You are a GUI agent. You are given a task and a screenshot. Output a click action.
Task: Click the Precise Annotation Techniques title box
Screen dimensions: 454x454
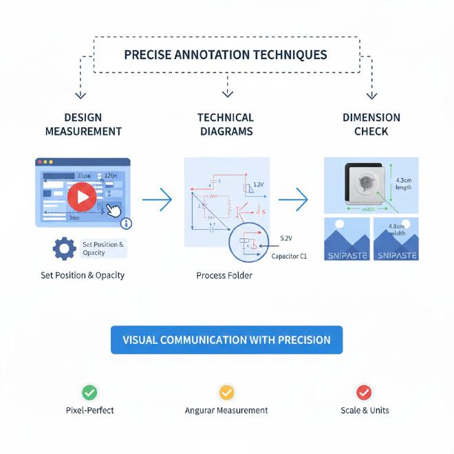(226, 54)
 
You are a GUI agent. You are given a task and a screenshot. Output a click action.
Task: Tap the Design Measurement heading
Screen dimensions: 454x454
(83, 125)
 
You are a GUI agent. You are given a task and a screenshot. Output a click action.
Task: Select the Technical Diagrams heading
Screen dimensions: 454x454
(226, 125)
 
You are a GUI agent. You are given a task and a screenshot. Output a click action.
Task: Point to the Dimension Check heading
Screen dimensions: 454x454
(371, 125)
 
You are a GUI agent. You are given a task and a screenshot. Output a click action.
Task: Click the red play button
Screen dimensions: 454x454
(82, 198)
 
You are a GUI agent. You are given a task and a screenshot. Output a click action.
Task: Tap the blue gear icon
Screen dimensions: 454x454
(65, 248)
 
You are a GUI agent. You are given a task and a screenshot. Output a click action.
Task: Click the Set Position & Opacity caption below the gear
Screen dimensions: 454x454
(83, 275)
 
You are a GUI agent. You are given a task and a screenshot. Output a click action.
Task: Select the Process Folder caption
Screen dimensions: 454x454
(224, 275)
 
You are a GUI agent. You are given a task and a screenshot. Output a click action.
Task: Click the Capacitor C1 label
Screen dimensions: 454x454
(289, 256)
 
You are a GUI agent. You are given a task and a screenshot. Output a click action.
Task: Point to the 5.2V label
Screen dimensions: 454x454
(286, 238)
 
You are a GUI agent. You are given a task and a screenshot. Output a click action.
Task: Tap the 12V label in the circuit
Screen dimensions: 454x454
(259, 184)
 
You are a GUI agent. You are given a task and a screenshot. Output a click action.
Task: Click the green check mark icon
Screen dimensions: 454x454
(89, 392)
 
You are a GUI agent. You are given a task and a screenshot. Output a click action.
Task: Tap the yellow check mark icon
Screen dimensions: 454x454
(226, 392)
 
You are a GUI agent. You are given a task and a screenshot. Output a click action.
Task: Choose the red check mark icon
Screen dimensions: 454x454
(364, 392)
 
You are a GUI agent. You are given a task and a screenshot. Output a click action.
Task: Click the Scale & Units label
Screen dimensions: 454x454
(365, 411)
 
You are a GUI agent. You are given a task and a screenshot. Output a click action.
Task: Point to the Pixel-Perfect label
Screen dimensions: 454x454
(89, 411)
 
